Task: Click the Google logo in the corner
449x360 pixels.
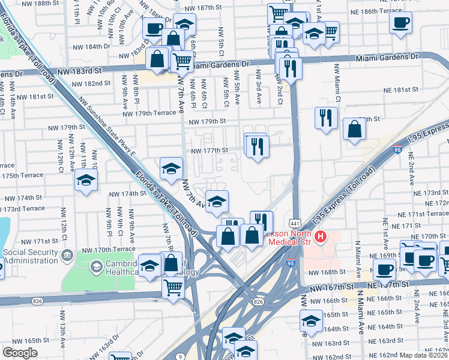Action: tap(20, 353)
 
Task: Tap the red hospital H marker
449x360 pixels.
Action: tap(321, 236)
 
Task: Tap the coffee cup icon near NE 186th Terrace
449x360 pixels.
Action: tap(400, 23)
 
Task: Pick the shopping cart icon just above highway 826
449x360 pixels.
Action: tap(173, 288)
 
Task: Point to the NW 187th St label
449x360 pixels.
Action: tap(203, 8)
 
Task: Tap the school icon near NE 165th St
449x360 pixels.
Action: tap(312, 322)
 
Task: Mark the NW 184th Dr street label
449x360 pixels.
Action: tap(91, 46)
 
